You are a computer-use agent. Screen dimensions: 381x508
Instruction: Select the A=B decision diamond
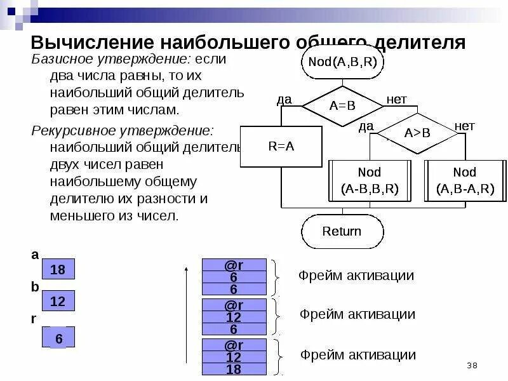coord(342,106)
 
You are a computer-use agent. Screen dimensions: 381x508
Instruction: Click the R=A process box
coord(281,146)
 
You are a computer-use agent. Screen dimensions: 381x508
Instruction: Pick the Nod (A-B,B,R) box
coord(370,180)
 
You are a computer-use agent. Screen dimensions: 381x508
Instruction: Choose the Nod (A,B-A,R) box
coord(465,180)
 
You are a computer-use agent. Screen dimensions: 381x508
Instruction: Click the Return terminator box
coord(342,231)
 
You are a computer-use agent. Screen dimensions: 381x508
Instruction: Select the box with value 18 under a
coord(58,269)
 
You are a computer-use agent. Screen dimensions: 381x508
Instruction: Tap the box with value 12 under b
coord(58,301)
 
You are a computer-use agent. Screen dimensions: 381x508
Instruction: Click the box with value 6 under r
coord(58,337)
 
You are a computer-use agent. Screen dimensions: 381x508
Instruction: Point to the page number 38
coord(472,365)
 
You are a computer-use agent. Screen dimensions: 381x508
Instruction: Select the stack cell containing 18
coord(233,370)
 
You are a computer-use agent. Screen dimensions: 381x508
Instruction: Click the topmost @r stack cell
coord(233,264)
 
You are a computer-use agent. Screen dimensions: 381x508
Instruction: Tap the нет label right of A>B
coord(464,126)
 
